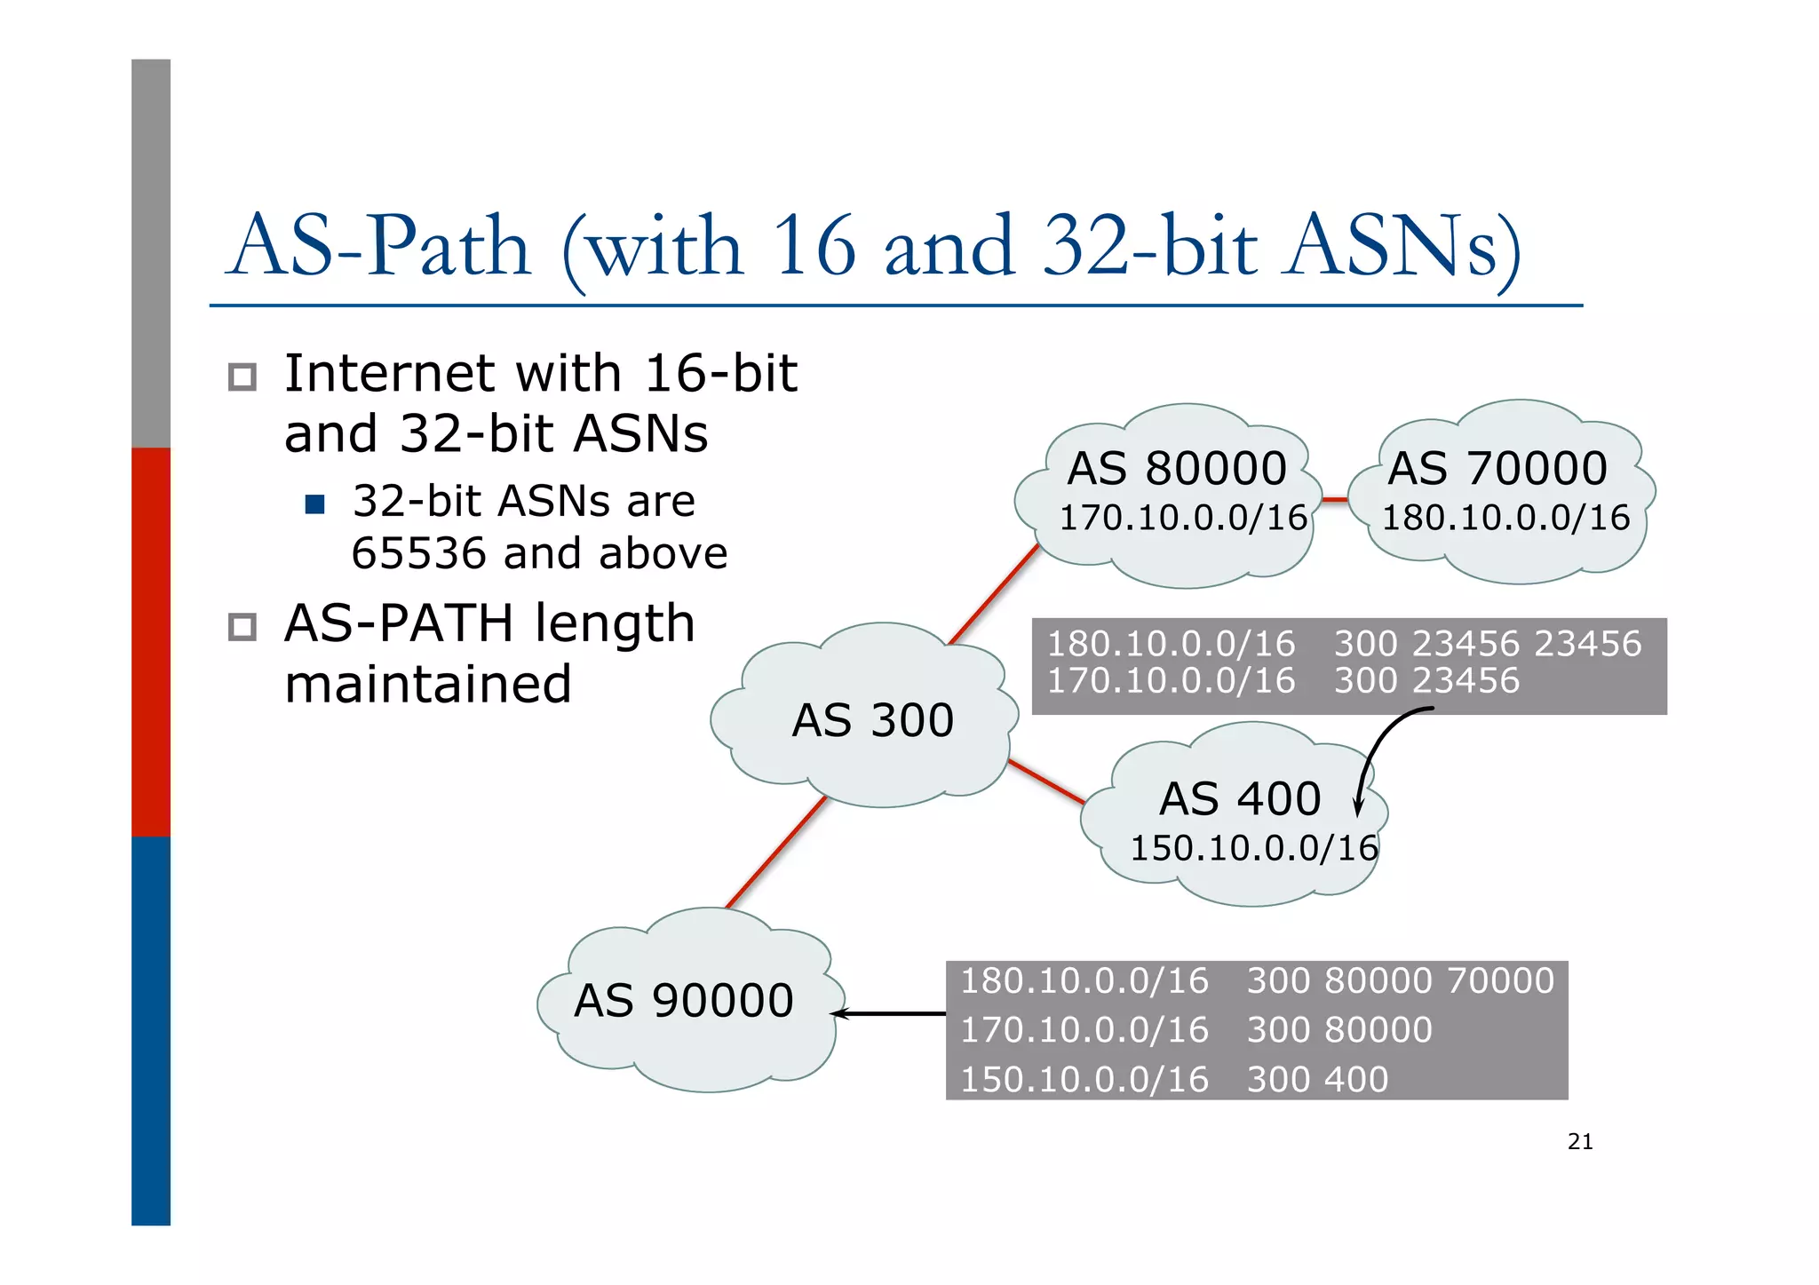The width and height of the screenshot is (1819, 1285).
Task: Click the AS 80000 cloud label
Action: [1176, 468]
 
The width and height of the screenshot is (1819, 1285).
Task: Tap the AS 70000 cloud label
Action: [1497, 468]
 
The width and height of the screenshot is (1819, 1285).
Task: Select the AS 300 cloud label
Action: [872, 719]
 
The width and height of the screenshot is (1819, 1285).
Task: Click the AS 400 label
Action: [1240, 798]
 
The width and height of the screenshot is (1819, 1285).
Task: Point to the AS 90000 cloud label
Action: [683, 1001]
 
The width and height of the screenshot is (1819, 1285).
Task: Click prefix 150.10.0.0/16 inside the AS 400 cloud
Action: [1253, 848]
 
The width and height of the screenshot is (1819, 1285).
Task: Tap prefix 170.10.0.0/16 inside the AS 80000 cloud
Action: [1183, 518]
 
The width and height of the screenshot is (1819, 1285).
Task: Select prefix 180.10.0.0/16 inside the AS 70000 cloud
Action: [1505, 518]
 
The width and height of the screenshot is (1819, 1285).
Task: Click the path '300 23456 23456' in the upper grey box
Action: [1488, 643]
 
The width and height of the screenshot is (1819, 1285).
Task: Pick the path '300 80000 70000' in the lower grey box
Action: [1401, 980]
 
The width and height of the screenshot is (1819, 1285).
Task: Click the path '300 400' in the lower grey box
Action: [1317, 1079]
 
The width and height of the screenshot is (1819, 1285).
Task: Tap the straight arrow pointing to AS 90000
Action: [888, 1013]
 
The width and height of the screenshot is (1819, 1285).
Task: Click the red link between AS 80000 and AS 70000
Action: [1335, 500]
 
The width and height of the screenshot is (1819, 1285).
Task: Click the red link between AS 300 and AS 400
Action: [1046, 781]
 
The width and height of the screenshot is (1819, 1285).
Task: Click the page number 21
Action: [1580, 1142]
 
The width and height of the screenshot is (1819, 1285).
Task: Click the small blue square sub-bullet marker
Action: [314, 504]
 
